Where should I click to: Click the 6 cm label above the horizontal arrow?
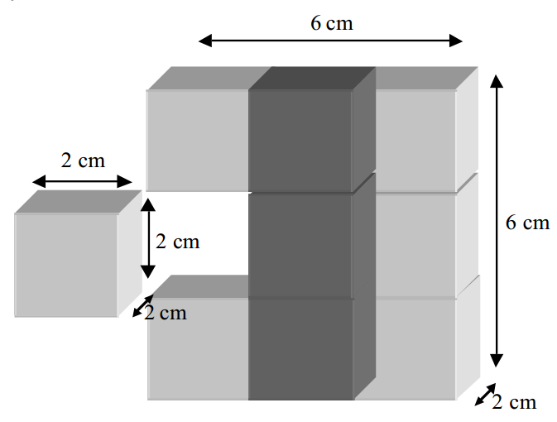pyautogui.click(x=332, y=23)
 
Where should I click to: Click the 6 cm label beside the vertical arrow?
pyautogui.click(x=527, y=223)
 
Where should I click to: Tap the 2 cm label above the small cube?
pyautogui.click(x=83, y=161)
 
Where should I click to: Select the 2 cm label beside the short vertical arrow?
pyautogui.click(x=178, y=242)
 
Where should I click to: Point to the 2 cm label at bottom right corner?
pyautogui.click(x=514, y=402)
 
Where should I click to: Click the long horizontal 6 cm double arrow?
pyautogui.click(x=330, y=41)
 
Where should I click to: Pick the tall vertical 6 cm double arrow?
pyautogui.click(x=497, y=221)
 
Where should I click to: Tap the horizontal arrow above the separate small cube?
pyautogui.click(x=82, y=181)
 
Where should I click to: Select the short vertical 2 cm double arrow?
pyautogui.click(x=148, y=238)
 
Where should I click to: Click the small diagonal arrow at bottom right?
pyautogui.click(x=485, y=395)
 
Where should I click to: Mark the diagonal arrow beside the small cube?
pyautogui.click(x=143, y=305)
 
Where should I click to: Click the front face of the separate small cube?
pyautogui.click(x=66, y=265)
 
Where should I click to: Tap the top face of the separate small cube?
pyautogui.click(x=78, y=202)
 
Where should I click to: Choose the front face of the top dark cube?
pyautogui.click(x=300, y=141)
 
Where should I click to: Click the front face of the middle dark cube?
pyautogui.click(x=300, y=245)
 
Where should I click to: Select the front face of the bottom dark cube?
pyautogui.click(x=300, y=349)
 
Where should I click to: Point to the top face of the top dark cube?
pyautogui.click(x=312, y=78)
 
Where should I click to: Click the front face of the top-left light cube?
pyautogui.click(x=198, y=141)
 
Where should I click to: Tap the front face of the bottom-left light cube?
pyautogui.click(x=198, y=349)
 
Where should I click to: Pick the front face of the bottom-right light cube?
pyautogui.click(x=406, y=349)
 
